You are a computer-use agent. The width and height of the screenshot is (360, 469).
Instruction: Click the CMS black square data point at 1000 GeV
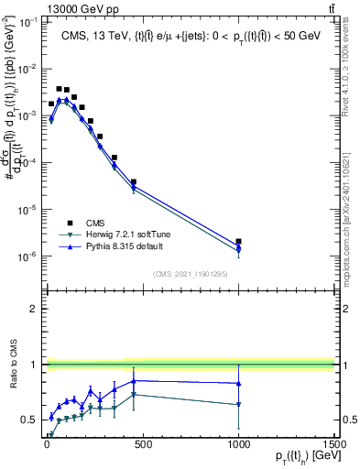click(x=238, y=242)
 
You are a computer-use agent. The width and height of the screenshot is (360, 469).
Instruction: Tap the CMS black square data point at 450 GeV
click(x=133, y=182)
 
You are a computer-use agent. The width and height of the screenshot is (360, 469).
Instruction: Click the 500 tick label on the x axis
click(x=142, y=444)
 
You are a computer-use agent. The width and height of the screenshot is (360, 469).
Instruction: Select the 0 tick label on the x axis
click(x=47, y=444)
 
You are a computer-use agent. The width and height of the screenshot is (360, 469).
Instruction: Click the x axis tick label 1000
click(x=238, y=444)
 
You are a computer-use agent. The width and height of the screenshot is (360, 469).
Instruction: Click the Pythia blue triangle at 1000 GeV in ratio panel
click(x=238, y=383)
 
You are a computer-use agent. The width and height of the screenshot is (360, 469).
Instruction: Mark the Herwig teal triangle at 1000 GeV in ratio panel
click(x=238, y=404)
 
